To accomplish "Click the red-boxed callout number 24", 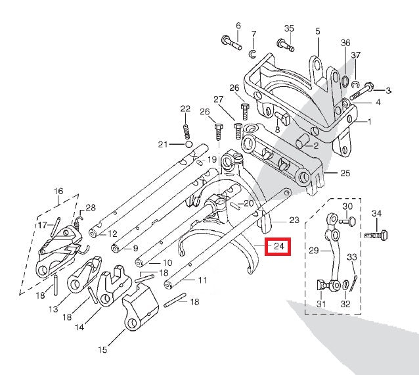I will coord(278,247).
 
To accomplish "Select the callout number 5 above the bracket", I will coord(317,31).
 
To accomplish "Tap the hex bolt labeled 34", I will coord(378,234).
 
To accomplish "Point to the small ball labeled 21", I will coord(188,144).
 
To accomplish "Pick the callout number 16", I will coord(59,191).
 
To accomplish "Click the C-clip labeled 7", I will coord(253,52).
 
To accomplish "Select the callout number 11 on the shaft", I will coord(202,281).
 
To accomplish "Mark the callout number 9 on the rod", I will coord(135,249).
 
